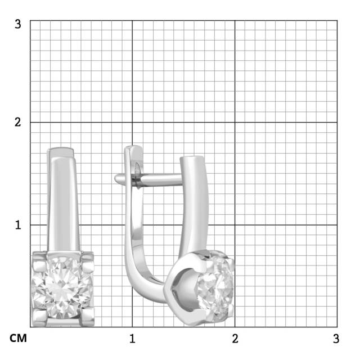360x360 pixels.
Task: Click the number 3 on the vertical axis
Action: [18, 24]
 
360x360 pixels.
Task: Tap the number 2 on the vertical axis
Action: [18, 122]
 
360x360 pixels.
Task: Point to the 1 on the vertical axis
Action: [18, 224]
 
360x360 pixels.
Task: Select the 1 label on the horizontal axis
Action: [132, 339]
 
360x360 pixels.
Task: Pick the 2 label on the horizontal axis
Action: [235, 339]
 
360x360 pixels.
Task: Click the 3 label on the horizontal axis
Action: [336, 339]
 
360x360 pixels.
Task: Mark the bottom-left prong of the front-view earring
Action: [39, 317]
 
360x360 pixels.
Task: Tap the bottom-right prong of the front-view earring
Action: [87, 317]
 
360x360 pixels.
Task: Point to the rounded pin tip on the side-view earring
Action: [118, 179]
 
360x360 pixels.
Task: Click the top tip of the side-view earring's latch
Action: [132, 149]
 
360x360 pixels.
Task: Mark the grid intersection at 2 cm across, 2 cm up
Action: [235, 122]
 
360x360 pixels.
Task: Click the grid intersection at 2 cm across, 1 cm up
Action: [235, 224]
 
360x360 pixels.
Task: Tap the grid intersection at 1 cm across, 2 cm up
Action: [132, 122]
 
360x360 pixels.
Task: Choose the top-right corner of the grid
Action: [337, 20]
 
